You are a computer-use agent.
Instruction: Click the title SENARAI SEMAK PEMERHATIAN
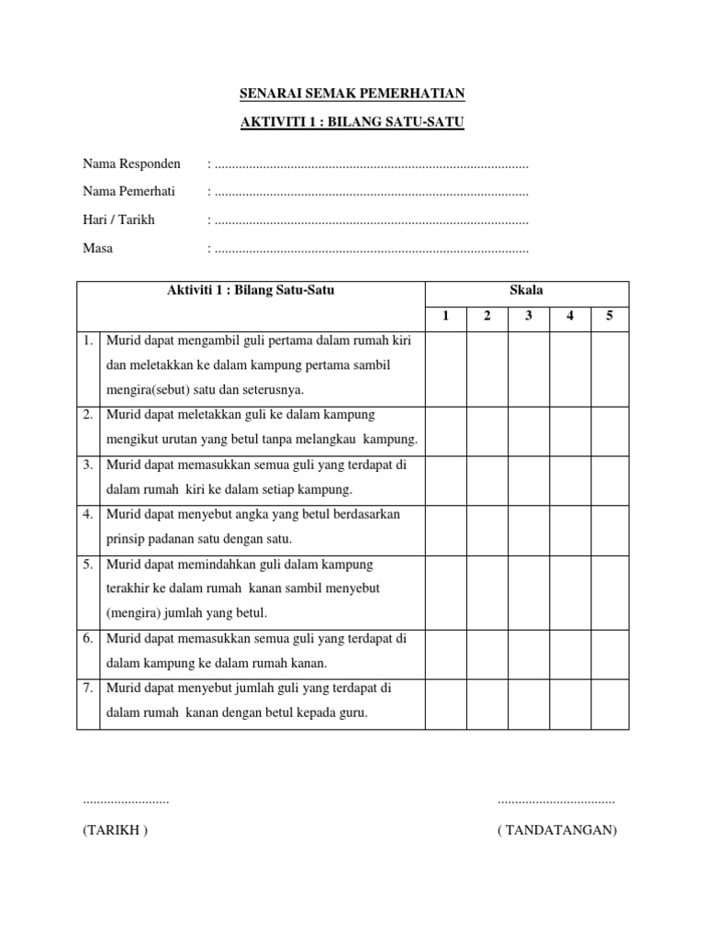click(352, 94)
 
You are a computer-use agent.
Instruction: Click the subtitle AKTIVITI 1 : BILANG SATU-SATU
click(352, 122)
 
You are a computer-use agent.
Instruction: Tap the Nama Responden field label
click(132, 164)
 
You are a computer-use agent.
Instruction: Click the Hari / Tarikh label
click(119, 220)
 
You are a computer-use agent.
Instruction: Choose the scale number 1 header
click(445, 317)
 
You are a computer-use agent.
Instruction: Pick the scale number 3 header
click(529, 317)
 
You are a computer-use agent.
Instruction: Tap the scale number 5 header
click(610, 317)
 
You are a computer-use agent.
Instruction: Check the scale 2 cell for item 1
click(487, 365)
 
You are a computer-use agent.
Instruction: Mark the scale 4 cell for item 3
click(569, 477)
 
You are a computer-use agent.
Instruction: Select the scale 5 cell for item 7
click(610, 703)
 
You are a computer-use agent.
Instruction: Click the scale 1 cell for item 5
click(445, 589)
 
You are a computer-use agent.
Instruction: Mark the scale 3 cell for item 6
click(529, 654)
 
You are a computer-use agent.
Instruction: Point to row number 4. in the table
click(88, 515)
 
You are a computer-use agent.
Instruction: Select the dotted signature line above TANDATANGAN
click(556, 801)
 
